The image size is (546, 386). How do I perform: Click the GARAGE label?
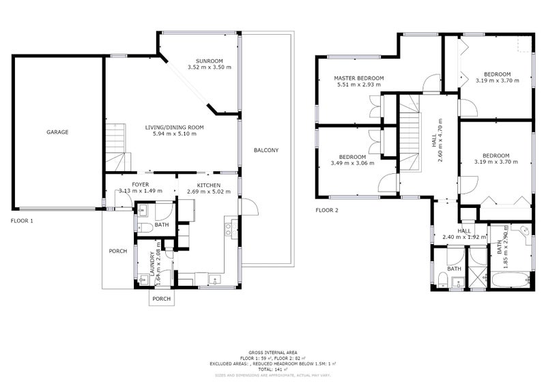pos(57,132)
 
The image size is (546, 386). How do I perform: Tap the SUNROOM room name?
pos(210,60)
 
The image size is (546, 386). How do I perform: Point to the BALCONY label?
pos(265,150)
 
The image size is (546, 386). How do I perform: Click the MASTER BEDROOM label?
pos(358,78)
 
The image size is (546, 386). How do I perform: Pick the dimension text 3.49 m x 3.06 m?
pos(353,163)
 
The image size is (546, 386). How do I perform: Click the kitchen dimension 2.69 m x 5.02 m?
pos(209,192)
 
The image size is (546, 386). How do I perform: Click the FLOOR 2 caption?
pos(327,210)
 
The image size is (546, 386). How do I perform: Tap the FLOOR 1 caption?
pos(22,221)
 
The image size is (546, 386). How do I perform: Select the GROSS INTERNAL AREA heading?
pos(272,352)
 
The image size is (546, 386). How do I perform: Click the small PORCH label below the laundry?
pos(161,299)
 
